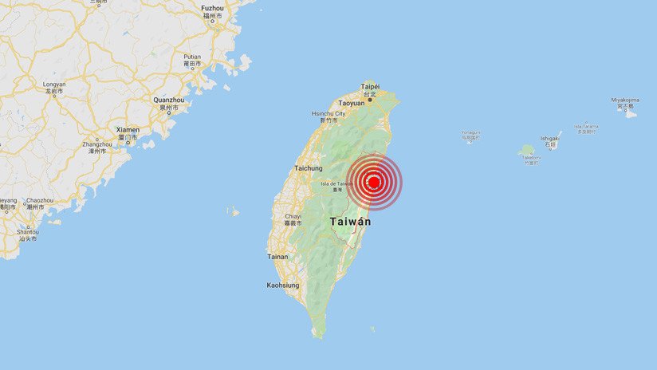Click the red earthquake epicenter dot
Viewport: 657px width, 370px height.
point(374,183)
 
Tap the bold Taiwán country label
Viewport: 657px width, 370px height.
point(350,221)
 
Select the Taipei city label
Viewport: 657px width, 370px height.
point(370,86)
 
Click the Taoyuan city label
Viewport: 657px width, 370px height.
point(352,103)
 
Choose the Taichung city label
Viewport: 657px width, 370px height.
point(308,168)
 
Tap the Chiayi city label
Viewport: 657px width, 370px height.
point(293,215)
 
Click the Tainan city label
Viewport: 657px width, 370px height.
point(277,256)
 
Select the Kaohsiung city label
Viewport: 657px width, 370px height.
point(283,285)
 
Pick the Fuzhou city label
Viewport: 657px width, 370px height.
point(213,9)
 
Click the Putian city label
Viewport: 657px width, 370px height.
point(192,57)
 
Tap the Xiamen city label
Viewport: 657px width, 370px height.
point(128,129)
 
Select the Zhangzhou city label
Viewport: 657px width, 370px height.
point(97,144)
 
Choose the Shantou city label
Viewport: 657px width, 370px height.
point(27,232)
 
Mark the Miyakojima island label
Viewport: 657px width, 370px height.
point(625,100)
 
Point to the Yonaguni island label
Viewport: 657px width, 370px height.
point(470,132)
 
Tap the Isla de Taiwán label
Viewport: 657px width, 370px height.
point(336,183)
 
